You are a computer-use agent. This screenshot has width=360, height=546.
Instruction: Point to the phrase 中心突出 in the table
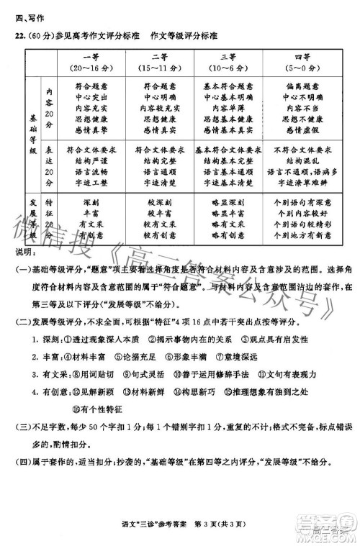(91, 96)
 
